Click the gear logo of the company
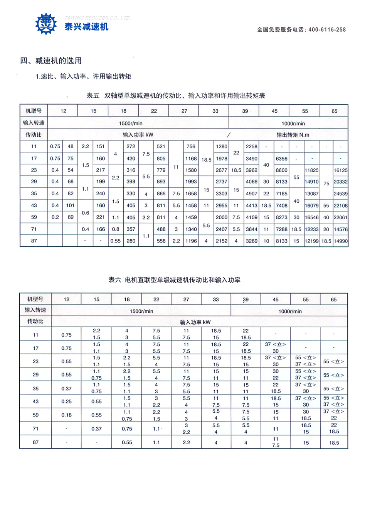click(46, 24)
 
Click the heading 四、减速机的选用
click(51, 61)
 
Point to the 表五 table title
click(176, 96)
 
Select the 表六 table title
click(174, 280)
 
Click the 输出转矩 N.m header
click(293, 135)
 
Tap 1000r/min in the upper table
click(293, 124)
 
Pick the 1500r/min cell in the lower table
click(141, 311)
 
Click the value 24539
click(340, 194)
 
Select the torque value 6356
click(281, 159)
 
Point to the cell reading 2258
click(251, 146)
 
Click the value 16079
click(311, 206)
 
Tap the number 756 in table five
click(191, 146)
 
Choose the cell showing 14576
click(340, 229)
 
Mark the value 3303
click(221, 194)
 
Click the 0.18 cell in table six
click(66, 415)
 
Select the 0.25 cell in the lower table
click(66, 401)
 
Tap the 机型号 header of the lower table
click(35, 299)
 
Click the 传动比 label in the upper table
click(34, 135)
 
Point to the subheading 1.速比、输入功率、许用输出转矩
click(84, 76)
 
